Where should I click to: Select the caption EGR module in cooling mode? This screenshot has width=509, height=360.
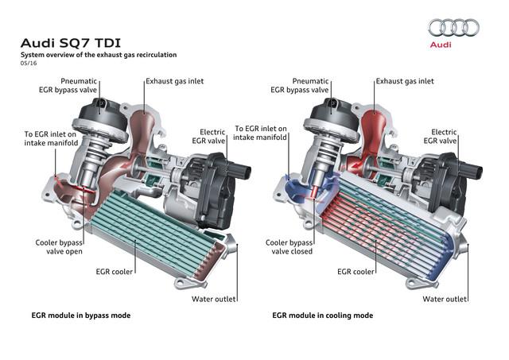322,315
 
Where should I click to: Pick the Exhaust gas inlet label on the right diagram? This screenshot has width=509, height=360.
403,82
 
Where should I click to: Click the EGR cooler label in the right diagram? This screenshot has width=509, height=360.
356,272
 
